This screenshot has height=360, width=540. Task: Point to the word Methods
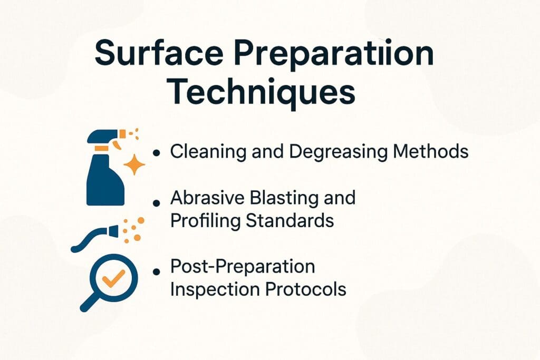tap(428, 151)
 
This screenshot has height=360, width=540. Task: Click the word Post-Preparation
tap(243, 267)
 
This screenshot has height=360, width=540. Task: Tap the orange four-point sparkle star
tap(135, 165)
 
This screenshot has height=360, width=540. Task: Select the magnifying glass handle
tap(89, 303)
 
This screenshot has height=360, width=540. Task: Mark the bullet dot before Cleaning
tap(156, 153)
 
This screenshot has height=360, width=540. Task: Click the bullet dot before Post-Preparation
tap(156, 270)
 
